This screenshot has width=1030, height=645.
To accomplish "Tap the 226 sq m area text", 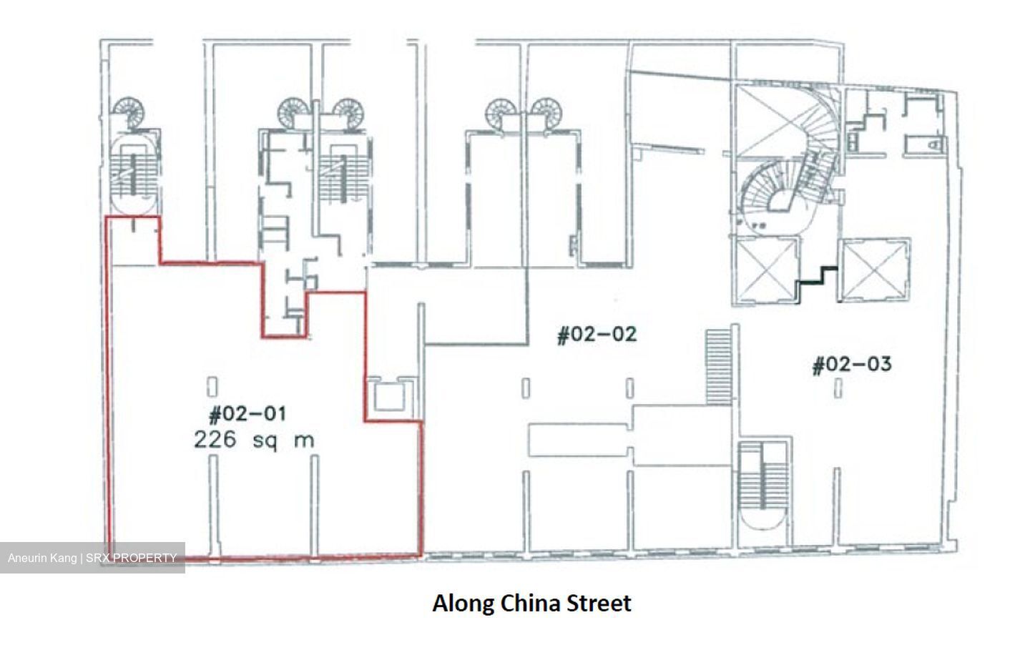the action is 254,440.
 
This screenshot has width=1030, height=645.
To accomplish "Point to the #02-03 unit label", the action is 852,365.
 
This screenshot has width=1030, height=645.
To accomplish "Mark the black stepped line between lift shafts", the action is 818,283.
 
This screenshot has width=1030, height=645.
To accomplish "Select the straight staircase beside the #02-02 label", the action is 718,366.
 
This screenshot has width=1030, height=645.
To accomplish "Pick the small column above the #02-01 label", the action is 212,387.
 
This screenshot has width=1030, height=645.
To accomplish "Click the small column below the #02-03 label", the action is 838,388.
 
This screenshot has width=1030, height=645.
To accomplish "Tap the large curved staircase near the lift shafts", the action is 791,165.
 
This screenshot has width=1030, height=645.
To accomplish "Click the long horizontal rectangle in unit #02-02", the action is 579,440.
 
